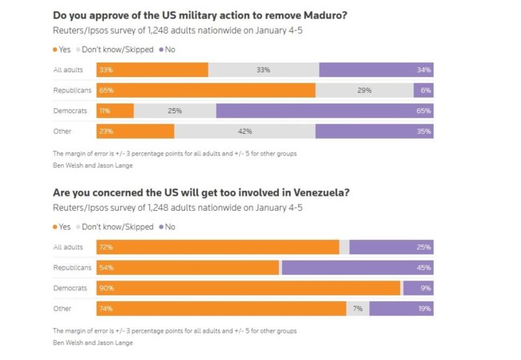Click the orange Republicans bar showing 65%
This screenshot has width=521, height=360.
(x=206, y=91)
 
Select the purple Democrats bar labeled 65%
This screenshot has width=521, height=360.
(x=325, y=111)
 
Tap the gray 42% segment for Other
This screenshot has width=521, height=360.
(x=244, y=131)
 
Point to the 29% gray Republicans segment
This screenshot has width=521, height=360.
(x=365, y=91)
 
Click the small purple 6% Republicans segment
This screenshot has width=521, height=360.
(x=423, y=91)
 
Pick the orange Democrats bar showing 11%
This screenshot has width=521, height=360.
(x=115, y=111)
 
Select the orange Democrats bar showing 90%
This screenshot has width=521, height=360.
(x=248, y=288)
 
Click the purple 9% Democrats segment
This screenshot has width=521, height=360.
(x=418, y=288)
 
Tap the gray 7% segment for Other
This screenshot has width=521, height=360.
(x=357, y=308)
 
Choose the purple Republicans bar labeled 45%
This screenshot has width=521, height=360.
(x=357, y=267)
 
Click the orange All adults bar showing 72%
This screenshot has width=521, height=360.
(x=217, y=247)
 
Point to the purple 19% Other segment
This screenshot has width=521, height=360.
(x=401, y=308)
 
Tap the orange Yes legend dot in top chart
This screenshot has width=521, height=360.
(x=55, y=50)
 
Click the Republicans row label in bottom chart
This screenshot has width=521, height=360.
(x=71, y=267)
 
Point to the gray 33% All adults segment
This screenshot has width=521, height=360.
(x=264, y=71)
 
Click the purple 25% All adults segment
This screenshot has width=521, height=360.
(x=391, y=247)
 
